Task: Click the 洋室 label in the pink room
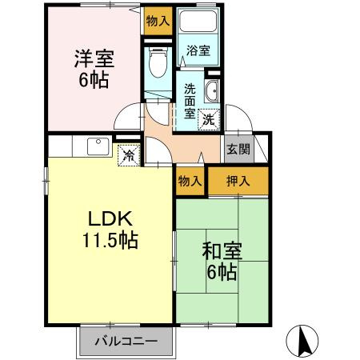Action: tap(94, 58)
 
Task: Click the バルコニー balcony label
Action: tap(126, 342)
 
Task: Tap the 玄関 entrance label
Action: tap(238, 149)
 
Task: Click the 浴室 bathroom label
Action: tap(198, 51)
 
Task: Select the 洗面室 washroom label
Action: tap(190, 101)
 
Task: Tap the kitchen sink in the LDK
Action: tap(98, 146)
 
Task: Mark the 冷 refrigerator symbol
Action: tap(127, 154)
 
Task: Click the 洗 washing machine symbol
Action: tap(208, 120)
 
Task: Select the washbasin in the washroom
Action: tap(214, 90)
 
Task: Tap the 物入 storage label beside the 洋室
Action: tap(157, 21)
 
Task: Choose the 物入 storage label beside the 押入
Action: tap(190, 182)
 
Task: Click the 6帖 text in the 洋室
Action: tap(94, 80)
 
